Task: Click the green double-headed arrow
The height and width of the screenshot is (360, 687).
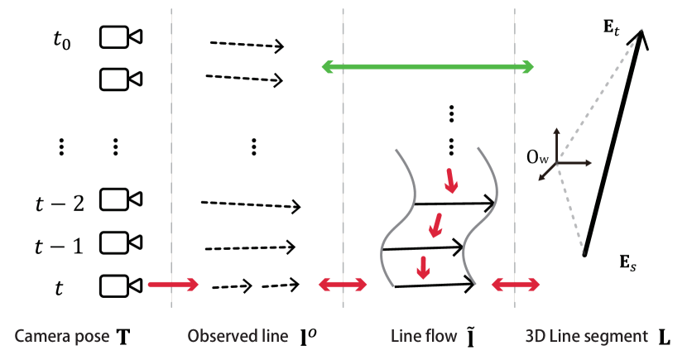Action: (427, 66)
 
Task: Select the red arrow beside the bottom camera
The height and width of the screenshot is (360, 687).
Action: (173, 285)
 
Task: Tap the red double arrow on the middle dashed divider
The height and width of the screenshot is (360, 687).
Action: (343, 285)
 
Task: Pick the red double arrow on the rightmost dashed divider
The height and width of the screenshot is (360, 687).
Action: (516, 285)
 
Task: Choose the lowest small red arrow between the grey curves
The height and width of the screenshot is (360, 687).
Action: (423, 266)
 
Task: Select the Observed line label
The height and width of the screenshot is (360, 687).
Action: (238, 337)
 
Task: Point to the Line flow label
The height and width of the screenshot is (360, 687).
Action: (424, 337)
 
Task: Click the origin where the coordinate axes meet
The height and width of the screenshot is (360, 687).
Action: (557, 162)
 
